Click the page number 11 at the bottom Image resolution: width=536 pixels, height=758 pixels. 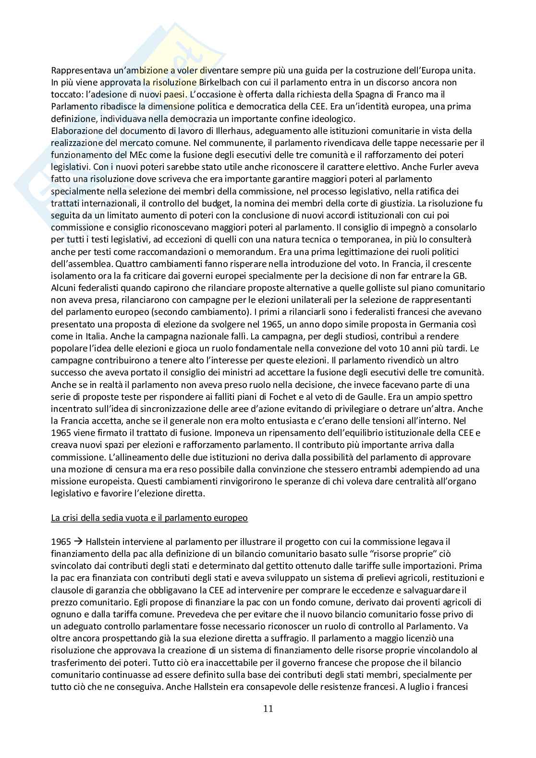click(x=268, y=708)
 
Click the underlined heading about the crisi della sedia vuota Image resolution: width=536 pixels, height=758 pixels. click(x=149, y=517)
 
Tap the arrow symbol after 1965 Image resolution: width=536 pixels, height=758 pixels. click(x=76, y=541)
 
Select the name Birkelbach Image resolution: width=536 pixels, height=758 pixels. click(x=219, y=82)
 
